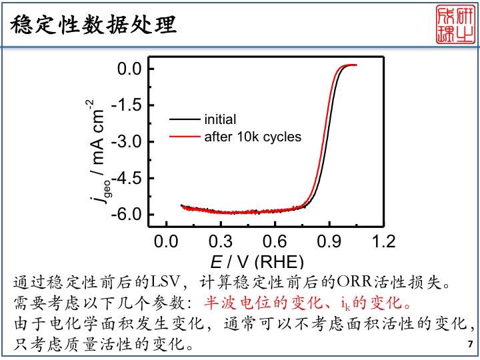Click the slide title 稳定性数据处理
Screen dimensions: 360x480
pyautogui.click(x=94, y=25)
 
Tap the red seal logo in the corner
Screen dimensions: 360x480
pyautogui.click(x=455, y=25)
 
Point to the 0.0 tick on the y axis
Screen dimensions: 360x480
pyautogui.click(x=130, y=69)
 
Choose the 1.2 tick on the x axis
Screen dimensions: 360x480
pyautogui.click(x=384, y=241)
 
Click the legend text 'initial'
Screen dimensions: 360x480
pyautogui.click(x=220, y=120)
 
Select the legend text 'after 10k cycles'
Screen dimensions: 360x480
pyautogui.click(x=253, y=137)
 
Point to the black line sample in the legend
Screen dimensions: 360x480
pyautogui.click(x=185, y=120)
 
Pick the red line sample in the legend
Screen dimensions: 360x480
pyautogui.click(x=185, y=137)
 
